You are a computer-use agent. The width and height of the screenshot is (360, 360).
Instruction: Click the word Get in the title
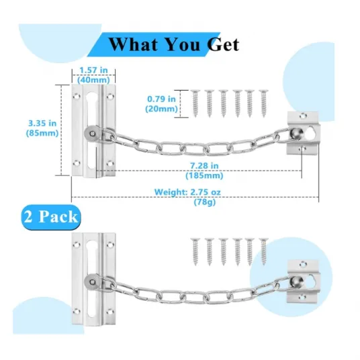223,44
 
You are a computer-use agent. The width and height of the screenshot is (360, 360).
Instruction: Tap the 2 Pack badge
51,217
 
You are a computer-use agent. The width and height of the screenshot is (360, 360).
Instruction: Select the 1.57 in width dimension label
93,70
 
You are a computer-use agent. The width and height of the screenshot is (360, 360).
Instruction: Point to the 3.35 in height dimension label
42,124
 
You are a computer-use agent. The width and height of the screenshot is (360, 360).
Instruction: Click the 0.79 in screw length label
162,99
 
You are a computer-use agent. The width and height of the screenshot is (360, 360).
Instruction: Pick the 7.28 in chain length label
204,165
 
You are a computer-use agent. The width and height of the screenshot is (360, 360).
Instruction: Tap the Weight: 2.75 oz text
187,192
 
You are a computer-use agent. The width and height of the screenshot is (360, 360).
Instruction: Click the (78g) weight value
205,202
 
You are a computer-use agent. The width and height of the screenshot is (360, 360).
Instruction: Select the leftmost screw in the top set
195,103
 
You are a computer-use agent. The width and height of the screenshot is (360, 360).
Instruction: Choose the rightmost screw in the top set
263,103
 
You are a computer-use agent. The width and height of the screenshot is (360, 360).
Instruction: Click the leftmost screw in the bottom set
195,252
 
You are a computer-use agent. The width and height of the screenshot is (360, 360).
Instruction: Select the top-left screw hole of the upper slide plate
77,97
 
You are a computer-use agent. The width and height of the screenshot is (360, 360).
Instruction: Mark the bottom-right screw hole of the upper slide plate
109,163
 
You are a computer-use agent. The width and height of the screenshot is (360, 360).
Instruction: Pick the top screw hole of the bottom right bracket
303,265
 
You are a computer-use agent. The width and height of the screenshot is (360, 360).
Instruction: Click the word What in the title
134,44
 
